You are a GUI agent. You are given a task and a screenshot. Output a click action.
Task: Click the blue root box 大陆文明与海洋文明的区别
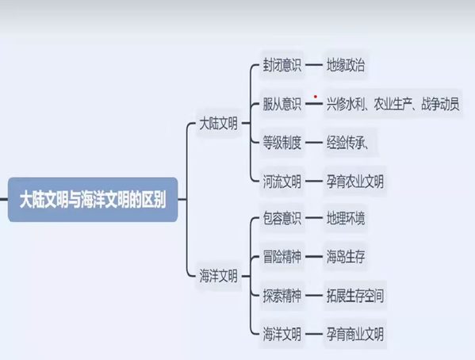tap(93, 200)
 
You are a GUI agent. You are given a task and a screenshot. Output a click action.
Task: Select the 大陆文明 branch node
tap(218, 124)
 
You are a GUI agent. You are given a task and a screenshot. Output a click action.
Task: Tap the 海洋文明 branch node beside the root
tap(218, 276)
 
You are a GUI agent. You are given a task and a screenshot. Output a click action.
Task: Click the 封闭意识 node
tap(282, 65)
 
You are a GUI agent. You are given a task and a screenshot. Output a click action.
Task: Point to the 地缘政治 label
tap(345, 65)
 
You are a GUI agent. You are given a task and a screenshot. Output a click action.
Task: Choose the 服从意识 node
tap(282, 104)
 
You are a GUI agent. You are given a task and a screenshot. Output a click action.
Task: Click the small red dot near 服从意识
tap(316, 97)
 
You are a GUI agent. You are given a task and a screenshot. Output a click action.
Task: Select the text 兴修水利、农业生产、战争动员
tap(393, 104)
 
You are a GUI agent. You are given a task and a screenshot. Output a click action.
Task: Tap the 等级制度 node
tap(282, 143)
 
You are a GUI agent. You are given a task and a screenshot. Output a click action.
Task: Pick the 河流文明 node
tap(282, 182)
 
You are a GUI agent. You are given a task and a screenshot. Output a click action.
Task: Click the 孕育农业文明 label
tap(355, 182)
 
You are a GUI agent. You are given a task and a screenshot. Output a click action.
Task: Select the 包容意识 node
tap(282, 218)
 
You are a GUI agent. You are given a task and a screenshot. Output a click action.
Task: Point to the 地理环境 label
tap(345, 218)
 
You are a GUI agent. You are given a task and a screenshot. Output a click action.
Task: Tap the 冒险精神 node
tap(282, 257)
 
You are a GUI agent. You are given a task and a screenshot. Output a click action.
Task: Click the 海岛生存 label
tap(345, 257)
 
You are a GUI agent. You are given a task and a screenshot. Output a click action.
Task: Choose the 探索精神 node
tap(282, 296)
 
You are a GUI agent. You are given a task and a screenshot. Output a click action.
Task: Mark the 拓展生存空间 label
tap(355, 296)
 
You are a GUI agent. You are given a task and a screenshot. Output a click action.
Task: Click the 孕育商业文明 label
tap(355, 335)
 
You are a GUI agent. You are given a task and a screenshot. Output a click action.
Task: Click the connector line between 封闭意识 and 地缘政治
tap(314, 65)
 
